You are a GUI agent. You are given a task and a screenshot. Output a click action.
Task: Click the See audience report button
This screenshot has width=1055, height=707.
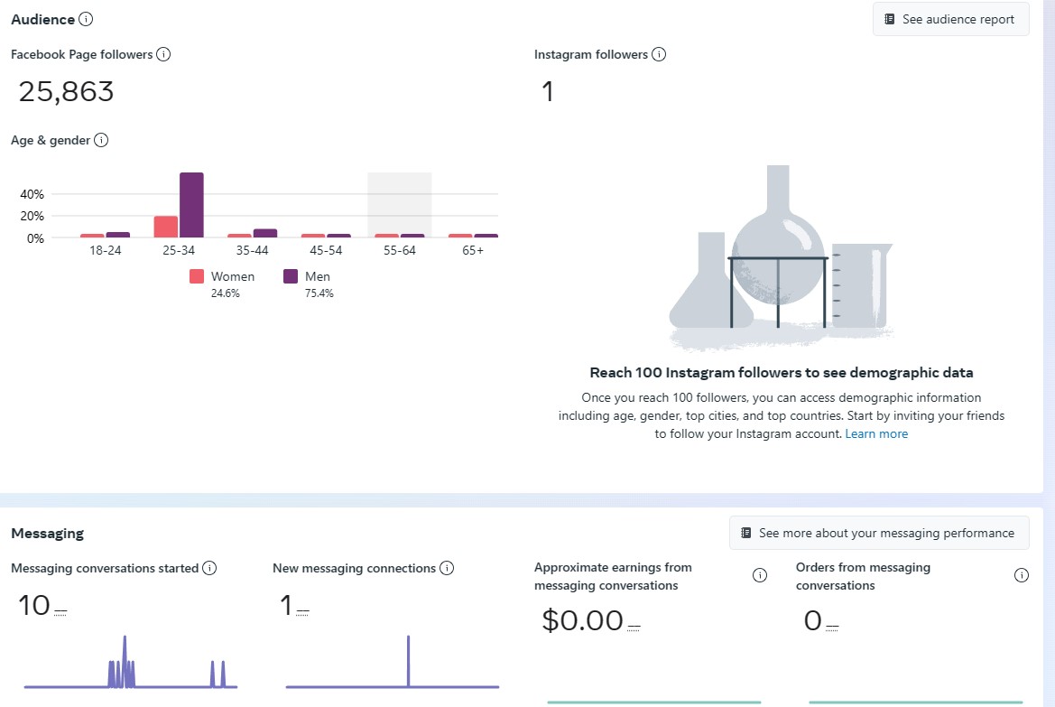(x=950, y=19)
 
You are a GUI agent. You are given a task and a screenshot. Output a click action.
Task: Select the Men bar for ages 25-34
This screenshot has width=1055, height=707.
(x=191, y=205)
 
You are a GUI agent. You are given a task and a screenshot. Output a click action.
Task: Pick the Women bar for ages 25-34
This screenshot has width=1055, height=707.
(x=165, y=227)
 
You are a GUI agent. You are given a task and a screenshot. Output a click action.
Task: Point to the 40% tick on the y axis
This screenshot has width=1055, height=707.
(x=32, y=194)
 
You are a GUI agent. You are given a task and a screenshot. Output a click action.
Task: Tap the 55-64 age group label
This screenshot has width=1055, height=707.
(x=399, y=250)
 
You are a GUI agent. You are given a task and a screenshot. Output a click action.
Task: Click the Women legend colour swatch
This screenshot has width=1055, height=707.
(x=197, y=276)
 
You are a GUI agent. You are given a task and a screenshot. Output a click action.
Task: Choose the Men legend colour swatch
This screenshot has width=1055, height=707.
(x=291, y=276)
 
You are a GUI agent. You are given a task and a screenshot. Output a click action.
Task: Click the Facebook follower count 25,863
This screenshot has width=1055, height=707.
(x=67, y=91)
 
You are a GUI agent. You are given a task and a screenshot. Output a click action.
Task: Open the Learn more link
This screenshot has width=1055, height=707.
(x=876, y=433)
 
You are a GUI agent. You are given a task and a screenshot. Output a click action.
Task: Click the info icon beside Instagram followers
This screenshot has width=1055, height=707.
(x=659, y=54)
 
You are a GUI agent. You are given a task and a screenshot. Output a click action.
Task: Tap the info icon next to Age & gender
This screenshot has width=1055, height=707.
(x=101, y=140)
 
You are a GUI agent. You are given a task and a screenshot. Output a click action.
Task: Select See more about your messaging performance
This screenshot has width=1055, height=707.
(x=878, y=533)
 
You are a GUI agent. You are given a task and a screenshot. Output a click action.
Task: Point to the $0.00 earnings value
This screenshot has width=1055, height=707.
(x=582, y=620)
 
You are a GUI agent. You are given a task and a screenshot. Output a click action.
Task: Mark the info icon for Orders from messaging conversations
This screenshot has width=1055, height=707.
(x=1022, y=576)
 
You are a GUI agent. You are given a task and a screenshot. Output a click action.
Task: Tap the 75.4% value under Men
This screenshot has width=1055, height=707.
(x=319, y=293)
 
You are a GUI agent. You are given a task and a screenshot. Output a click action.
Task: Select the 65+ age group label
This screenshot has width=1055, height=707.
(x=472, y=250)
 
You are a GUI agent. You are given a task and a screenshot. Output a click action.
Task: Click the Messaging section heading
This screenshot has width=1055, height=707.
(x=47, y=533)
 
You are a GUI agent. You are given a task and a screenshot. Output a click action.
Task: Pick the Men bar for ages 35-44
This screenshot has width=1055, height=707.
(x=264, y=233)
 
